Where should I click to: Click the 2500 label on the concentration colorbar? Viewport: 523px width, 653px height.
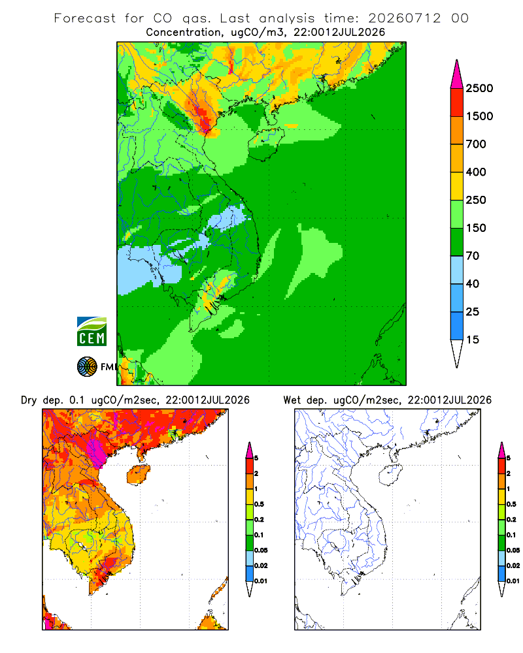tap(479, 88)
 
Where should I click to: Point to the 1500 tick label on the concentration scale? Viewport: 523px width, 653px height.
tap(479, 116)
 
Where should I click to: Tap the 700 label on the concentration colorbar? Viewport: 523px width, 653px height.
tap(476, 144)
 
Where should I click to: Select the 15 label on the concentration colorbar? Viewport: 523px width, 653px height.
tap(473, 340)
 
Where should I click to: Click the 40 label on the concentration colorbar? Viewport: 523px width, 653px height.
tap(473, 283)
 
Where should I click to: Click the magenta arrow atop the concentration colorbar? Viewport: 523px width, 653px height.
tap(457, 74)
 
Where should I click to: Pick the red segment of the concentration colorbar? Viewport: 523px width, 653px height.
tap(457, 103)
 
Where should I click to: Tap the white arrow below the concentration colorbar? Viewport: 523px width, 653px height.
tap(457, 353)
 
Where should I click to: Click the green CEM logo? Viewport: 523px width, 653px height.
tap(92, 332)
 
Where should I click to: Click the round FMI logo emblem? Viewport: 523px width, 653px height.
tap(87, 367)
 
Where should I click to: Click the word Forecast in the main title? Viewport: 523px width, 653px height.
tap(85, 18)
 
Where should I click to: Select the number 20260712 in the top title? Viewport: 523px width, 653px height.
tap(404, 18)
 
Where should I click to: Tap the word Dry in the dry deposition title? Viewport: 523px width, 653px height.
tap(29, 400)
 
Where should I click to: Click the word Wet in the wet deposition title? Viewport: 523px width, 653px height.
tap(292, 400)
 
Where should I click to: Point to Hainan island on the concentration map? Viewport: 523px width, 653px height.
tap(266, 143)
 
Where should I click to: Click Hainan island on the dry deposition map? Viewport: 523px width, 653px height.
tap(139, 475)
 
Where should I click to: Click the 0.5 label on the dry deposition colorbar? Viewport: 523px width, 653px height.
tap(259, 504)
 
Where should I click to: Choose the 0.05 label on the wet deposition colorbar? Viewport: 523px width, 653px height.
tap(513, 550)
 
